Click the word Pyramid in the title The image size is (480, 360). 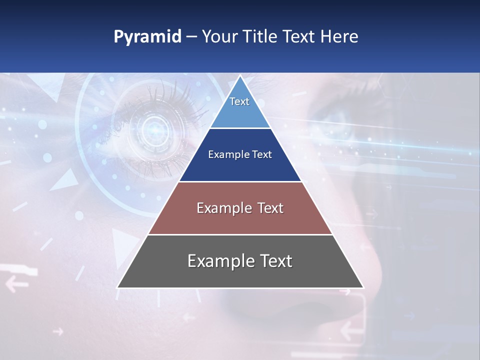[147, 37]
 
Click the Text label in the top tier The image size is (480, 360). [239, 101]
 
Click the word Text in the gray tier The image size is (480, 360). [275, 261]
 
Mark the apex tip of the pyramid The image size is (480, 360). [240, 76]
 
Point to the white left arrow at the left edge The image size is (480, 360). [16, 284]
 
